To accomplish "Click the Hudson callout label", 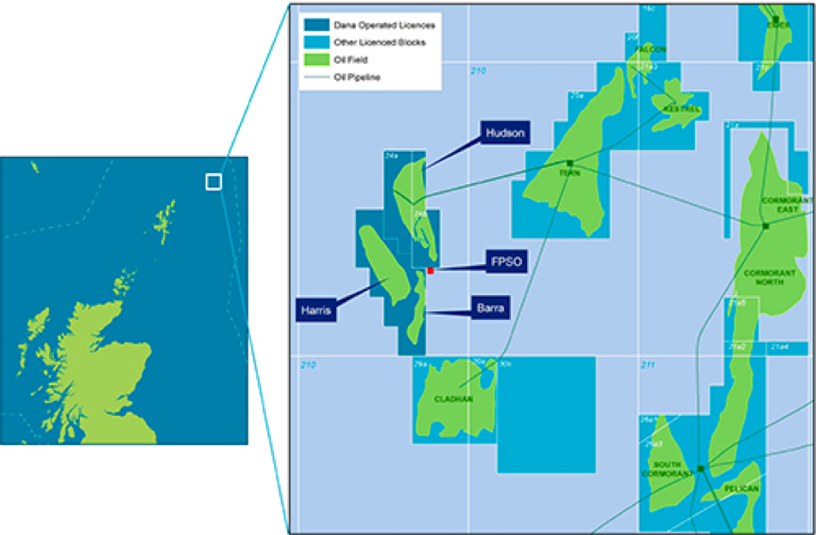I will click(505, 133).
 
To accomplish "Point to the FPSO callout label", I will click(506, 261).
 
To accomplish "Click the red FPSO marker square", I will click(431, 271).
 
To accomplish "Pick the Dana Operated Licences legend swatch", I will click(314, 26).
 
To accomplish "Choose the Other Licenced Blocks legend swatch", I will click(314, 43).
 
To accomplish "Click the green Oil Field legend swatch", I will click(314, 60).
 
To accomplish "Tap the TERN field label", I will click(565, 171).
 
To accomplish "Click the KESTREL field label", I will click(683, 110).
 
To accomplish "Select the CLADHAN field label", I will click(453, 399).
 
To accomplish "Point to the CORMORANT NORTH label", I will click(770, 279).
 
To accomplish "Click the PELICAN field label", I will click(741, 489).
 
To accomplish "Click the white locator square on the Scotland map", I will click(213, 182).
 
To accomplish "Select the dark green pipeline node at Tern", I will click(569, 162).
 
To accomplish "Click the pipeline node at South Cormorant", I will click(700, 468).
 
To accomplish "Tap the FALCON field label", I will click(651, 50).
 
